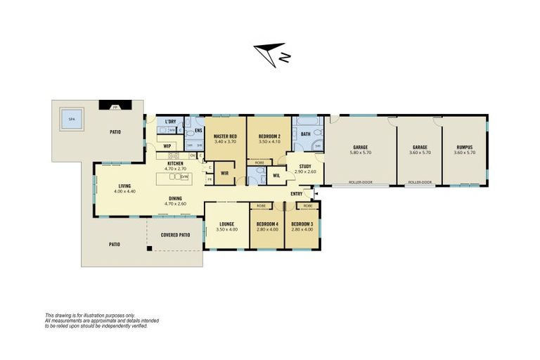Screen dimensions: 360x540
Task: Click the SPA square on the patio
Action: tap(71, 119)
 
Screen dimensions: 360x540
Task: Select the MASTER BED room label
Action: tap(225, 136)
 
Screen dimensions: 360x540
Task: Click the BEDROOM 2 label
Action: tap(269, 136)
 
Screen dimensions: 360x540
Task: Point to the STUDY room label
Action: tap(305, 167)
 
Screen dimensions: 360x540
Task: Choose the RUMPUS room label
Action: tap(465, 148)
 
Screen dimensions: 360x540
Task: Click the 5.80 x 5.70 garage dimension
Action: tap(361, 153)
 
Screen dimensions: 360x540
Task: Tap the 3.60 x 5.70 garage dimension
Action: tap(420, 153)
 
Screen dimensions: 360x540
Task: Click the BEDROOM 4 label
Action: tap(266, 224)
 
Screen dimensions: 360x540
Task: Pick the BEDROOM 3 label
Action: tap(302, 224)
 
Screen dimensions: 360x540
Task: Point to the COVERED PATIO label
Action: tap(175, 235)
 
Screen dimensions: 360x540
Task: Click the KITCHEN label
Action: tap(175, 163)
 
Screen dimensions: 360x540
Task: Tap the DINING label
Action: tap(174, 198)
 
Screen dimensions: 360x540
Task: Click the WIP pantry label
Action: tap(167, 146)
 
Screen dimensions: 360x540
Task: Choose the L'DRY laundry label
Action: tap(170, 122)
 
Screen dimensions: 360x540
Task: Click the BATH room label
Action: tap(305, 134)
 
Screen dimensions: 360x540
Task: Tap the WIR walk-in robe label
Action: tap(224, 172)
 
